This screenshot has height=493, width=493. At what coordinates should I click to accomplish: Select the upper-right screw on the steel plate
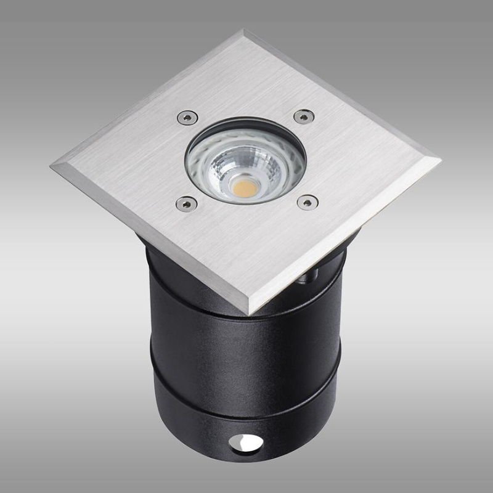303,116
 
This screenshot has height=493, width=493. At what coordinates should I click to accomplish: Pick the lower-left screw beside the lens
182,202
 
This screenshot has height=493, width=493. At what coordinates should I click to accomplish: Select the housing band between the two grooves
246,351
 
